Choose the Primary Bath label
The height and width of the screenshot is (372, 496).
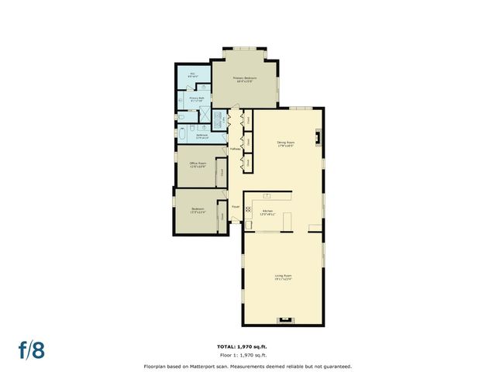pyautogui.click(x=197, y=98)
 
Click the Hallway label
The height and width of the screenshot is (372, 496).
pyautogui.click(x=236, y=148)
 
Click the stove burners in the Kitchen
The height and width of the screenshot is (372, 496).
pyautogui.click(x=248, y=209)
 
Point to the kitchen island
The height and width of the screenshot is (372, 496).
pyautogui.click(x=287, y=221)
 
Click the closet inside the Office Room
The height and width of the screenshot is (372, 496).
pyautogui.click(x=222, y=172)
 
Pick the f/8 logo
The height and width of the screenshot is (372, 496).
pyautogui.click(x=32, y=350)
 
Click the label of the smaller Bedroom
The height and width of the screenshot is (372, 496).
pyautogui.click(x=198, y=210)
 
